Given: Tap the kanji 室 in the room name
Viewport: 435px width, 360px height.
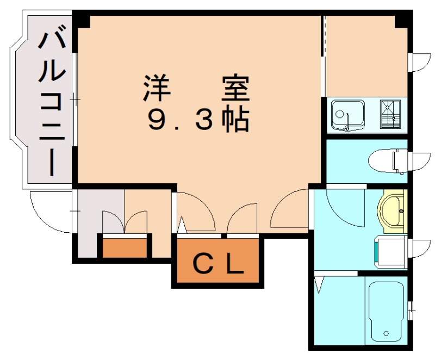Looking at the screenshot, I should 235,89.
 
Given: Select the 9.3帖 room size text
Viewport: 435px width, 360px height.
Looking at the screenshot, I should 198,120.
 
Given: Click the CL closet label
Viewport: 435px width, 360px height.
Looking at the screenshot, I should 217,265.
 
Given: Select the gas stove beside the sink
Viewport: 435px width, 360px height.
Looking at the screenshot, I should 389,114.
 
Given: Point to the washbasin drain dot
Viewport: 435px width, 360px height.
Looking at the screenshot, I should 401,210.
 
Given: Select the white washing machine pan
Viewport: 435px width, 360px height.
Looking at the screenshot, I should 391,251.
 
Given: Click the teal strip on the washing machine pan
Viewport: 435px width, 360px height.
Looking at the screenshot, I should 376,251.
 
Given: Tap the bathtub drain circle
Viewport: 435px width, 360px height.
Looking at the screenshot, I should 386,333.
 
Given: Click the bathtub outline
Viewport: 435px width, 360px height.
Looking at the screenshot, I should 386,310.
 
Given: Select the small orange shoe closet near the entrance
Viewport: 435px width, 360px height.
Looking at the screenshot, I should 126,247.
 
